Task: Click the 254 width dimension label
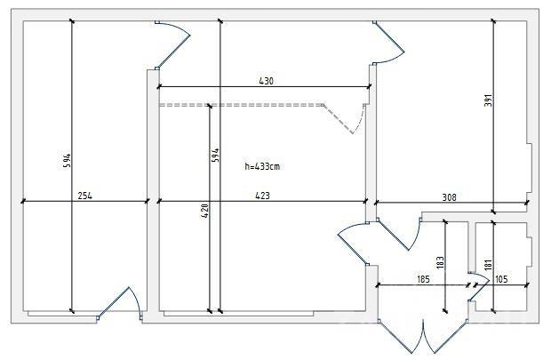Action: click(x=85, y=196)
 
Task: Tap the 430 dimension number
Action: click(x=266, y=81)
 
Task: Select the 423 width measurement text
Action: click(x=262, y=196)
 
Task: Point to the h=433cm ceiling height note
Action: click(x=262, y=166)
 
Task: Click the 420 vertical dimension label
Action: click(x=204, y=211)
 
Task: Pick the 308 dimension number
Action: click(x=449, y=197)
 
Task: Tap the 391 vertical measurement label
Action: click(x=489, y=100)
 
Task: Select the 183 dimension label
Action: click(x=440, y=263)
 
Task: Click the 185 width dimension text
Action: click(x=423, y=279)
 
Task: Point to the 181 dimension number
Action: click(x=488, y=265)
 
